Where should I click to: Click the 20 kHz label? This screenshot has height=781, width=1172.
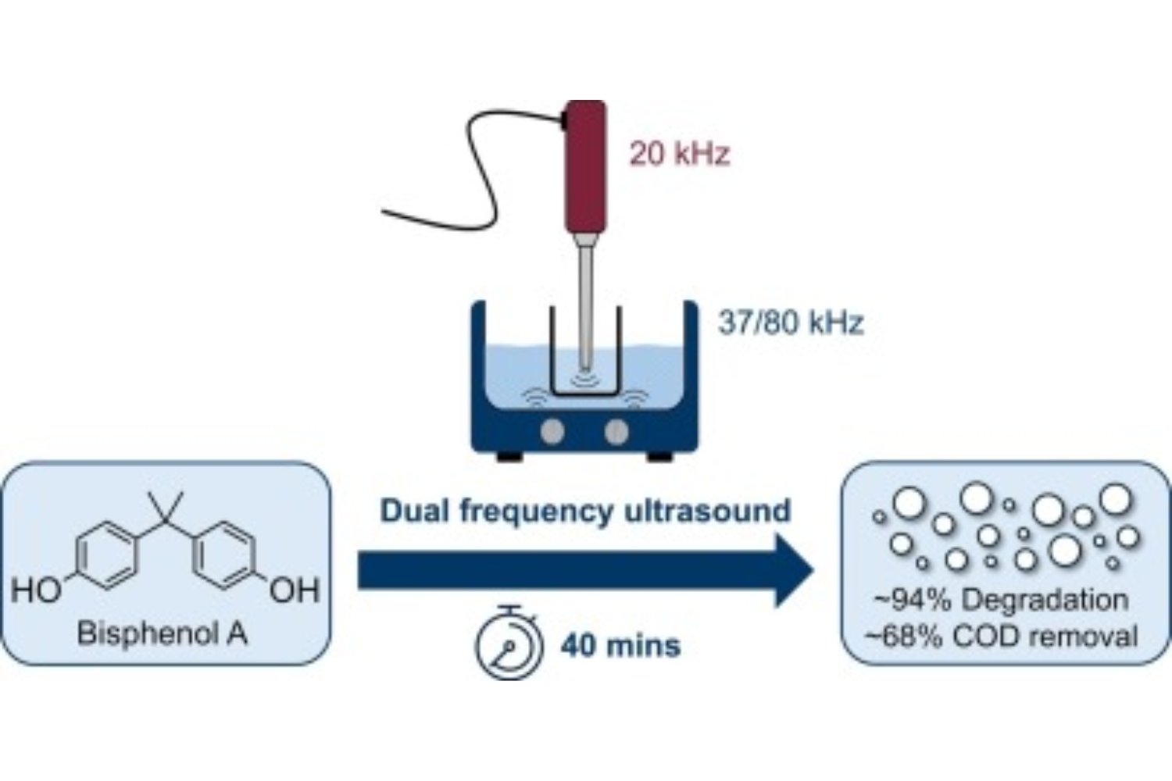[679, 154]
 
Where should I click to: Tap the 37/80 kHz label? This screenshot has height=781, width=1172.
[790, 322]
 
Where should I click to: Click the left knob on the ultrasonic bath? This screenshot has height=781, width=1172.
[552, 430]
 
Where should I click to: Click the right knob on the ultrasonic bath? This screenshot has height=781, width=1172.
[616, 430]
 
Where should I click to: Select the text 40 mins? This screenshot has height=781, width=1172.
[620, 646]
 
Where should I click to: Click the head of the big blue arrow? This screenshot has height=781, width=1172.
[793, 571]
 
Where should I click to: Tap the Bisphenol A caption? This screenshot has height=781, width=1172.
[162, 633]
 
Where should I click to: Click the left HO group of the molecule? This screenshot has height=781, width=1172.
[36, 590]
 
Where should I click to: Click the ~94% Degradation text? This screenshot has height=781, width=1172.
[1001, 600]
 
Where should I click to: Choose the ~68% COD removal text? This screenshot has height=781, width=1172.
[1001, 636]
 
